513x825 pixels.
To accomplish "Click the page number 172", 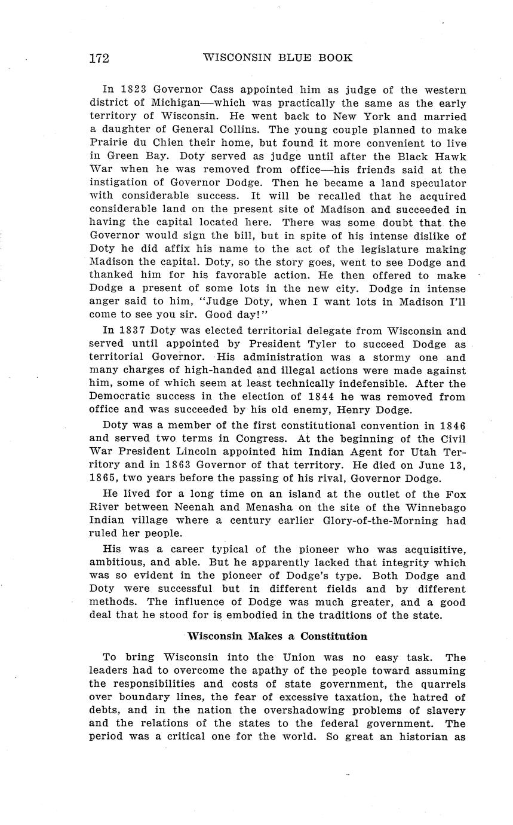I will (99, 58).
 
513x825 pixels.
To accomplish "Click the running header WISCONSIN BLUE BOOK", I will (278, 58).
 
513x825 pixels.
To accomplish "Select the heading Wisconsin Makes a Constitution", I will (277, 635).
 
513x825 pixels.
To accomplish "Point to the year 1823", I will (130, 90).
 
